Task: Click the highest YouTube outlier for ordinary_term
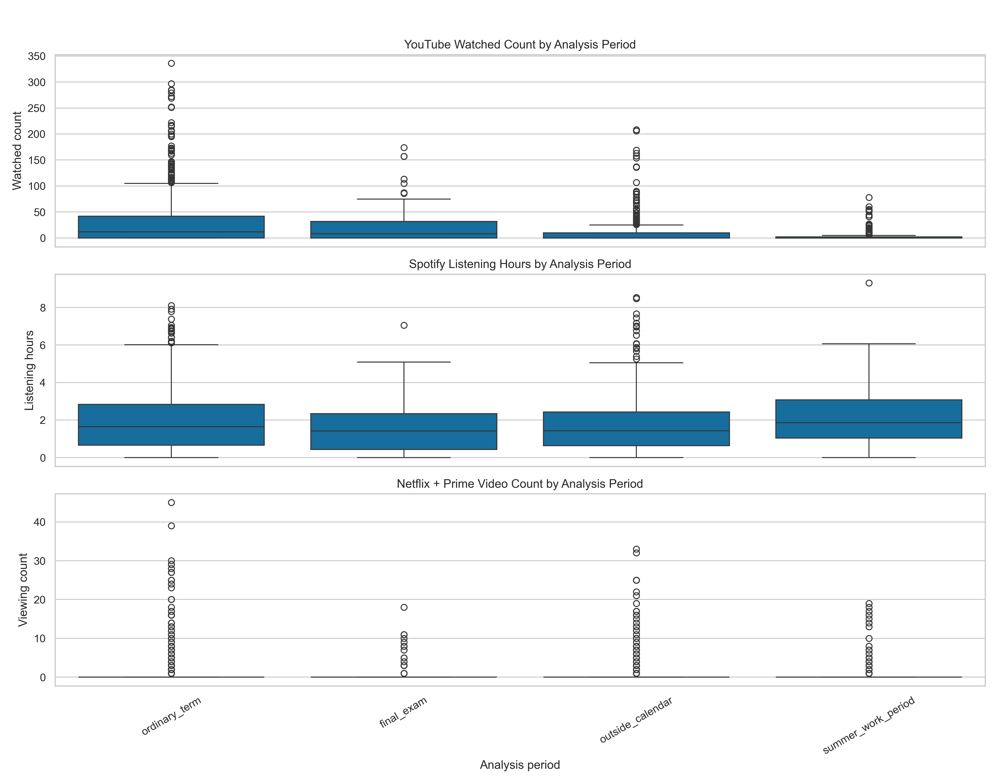[x=171, y=63]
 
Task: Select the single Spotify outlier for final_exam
[x=404, y=325]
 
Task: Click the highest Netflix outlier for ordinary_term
[x=171, y=503]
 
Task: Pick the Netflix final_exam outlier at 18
[x=404, y=607]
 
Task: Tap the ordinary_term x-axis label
[x=171, y=716]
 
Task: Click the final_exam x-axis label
[x=403, y=712]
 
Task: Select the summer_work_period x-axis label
[x=868, y=725]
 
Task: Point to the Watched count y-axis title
[x=17, y=151]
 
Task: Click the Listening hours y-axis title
[x=29, y=370]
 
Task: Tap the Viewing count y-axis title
[x=23, y=590]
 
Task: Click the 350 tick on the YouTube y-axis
[x=37, y=57]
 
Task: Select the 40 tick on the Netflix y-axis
[x=39, y=522]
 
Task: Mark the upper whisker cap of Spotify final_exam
[x=404, y=362]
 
